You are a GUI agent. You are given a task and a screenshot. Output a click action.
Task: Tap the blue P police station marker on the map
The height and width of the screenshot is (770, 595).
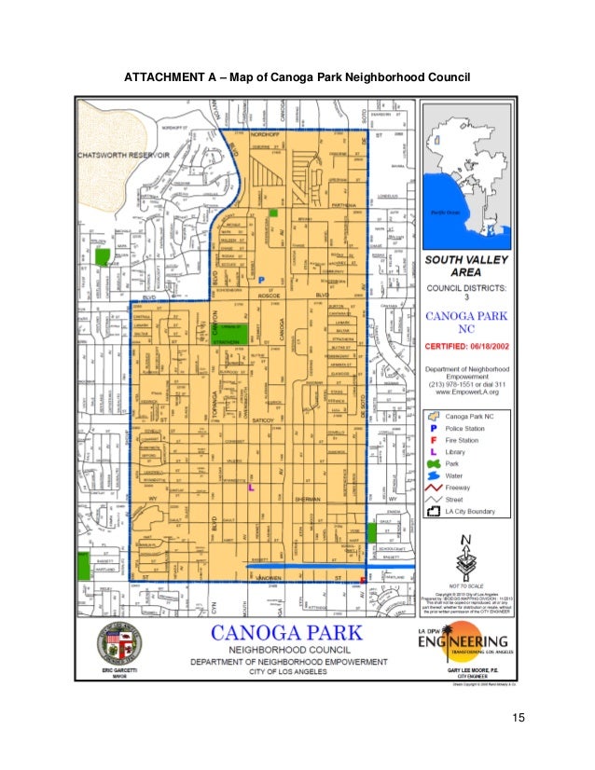point(262,279)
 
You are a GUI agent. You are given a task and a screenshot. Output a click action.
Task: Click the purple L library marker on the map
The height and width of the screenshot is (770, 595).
point(249,487)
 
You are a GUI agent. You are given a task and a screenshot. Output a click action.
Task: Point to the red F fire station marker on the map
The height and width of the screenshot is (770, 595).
point(363,579)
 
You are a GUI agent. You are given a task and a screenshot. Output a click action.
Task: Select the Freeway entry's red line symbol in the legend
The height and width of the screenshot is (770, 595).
point(433,488)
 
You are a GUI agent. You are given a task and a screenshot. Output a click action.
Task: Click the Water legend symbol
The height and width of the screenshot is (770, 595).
point(433,475)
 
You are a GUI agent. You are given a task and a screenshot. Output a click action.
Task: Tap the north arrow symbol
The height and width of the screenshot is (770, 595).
point(464,557)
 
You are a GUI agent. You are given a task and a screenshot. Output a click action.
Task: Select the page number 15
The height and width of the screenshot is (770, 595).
point(519,718)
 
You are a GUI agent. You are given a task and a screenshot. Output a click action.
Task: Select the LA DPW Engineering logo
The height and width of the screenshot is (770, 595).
point(463,642)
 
